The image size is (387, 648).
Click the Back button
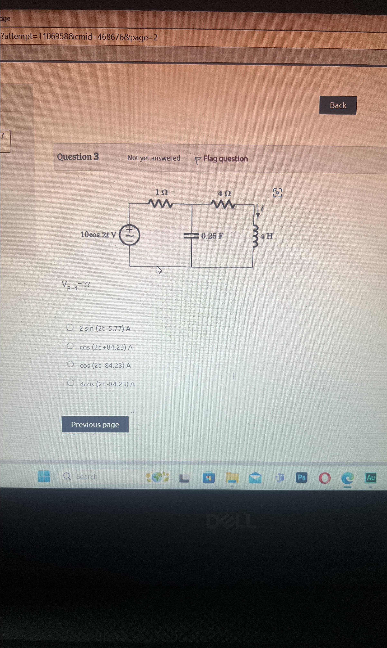338,105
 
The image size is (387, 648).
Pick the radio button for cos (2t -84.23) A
70,364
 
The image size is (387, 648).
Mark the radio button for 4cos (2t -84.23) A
71,383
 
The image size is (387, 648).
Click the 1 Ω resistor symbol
160,204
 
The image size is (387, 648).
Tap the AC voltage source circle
129,235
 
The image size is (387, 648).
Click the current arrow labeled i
258,211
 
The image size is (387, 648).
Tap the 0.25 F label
212,236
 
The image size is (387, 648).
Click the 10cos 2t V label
98,235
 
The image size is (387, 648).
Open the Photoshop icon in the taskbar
301,477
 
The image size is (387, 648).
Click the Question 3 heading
78,157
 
